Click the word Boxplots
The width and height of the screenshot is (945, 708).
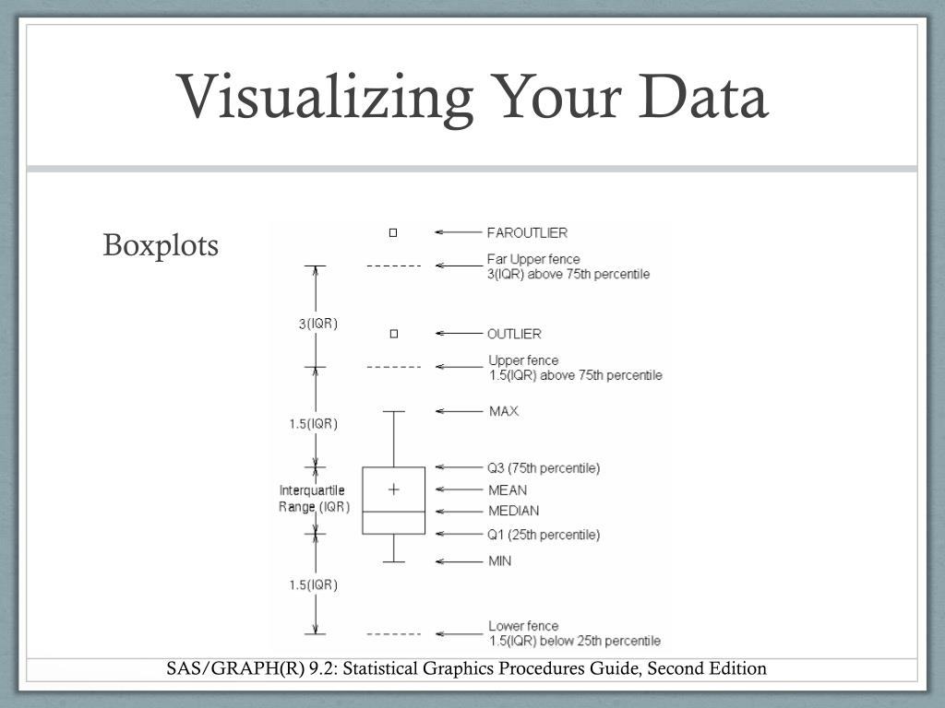(161, 246)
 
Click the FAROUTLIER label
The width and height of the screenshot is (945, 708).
(527, 232)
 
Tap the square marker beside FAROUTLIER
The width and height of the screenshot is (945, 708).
(393, 232)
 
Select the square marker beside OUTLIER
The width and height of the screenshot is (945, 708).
(393, 333)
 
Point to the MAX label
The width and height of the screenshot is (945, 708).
(504, 410)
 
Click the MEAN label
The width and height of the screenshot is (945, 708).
(508, 490)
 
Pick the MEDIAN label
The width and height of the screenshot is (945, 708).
(514, 511)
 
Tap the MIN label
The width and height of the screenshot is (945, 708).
(499, 560)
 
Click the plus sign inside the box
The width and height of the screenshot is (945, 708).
(393, 490)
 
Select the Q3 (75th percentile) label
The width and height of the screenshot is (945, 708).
(544, 467)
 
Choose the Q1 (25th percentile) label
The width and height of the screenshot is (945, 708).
(544, 534)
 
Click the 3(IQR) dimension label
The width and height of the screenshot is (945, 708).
(316, 324)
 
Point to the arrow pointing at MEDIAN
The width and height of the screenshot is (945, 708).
(453, 511)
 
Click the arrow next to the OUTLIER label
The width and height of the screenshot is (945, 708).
(453, 333)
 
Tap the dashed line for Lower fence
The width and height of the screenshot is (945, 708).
(393, 634)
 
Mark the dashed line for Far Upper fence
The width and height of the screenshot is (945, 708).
(393, 265)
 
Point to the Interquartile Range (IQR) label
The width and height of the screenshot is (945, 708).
(314, 499)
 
